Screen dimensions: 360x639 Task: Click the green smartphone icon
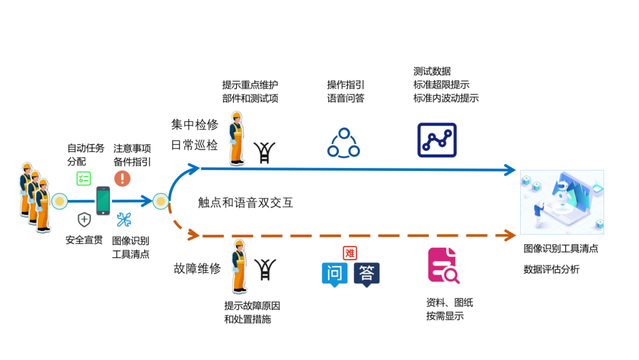pyautogui.click(x=103, y=201)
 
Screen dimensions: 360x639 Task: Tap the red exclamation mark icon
pyautogui.click(x=122, y=178)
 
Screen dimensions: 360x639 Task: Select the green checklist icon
pyautogui.click(x=83, y=178)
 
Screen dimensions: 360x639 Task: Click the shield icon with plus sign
pyautogui.click(x=85, y=220)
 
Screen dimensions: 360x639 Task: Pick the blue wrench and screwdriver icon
pyautogui.click(x=124, y=220)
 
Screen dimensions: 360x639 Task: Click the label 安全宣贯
pyautogui.click(x=84, y=240)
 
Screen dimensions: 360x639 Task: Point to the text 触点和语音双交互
pyautogui.click(x=246, y=203)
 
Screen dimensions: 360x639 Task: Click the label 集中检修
pyautogui.click(x=195, y=125)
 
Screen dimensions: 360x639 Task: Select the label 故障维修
pyautogui.click(x=197, y=268)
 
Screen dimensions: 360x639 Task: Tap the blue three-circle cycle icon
pyautogui.click(x=343, y=143)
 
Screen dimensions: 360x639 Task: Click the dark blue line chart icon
pyautogui.click(x=437, y=140)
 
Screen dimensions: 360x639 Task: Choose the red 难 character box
pyautogui.click(x=350, y=253)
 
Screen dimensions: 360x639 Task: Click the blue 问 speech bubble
pyautogui.click(x=335, y=274)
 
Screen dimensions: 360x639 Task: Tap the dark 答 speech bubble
pyautogui.click(x=366, y=274)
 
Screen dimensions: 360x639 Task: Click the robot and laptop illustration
pyautogui.click(x=561, y=202)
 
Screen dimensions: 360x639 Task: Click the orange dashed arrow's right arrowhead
pyautogui.click(x=510, y=236)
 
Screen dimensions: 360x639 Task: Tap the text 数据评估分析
pyautogui.click(x=551, y=269)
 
